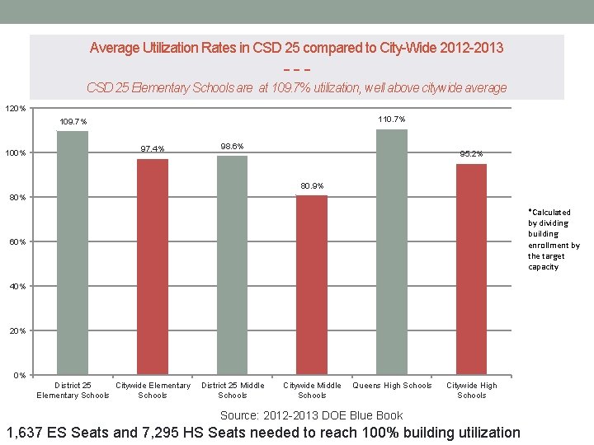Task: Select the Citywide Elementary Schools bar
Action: pos(153,267)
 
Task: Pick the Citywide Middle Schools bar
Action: pos(312,285)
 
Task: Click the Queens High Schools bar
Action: pos(392,252)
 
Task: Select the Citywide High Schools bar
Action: pos(471,269)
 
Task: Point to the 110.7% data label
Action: pos(391,119)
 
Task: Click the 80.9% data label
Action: pos(312,185)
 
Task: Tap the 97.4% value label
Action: pos(153,149)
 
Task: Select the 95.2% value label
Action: pos(471,153)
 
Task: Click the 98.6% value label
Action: pos(232,146)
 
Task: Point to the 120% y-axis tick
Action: pos(16,108)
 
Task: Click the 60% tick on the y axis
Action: pos(17,241)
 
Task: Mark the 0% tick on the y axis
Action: pos(19,376)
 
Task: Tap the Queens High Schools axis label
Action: pos(392,386)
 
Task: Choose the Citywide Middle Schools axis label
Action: pos(312,390)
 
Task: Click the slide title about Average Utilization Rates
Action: pos(296,48)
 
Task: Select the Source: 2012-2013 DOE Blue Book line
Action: pos(311,415)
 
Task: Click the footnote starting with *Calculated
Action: pos(554,239)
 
